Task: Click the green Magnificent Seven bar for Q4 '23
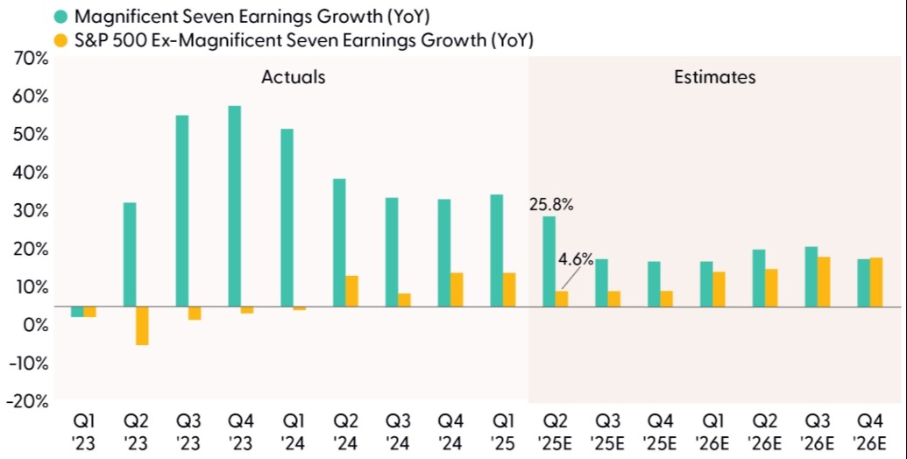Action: (234, 206)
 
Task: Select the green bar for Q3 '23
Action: (181, 211)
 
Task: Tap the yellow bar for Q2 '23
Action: (142, 326)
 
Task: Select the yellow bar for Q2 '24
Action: (352, 291)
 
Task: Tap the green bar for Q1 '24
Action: (287, 218)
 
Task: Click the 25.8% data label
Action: (550, 204)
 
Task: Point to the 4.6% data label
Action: (576, 259)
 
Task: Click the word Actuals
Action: (293, 77)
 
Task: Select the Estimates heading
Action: (714, 77)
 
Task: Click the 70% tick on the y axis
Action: (31, 59)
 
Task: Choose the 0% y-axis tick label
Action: (34, 325)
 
